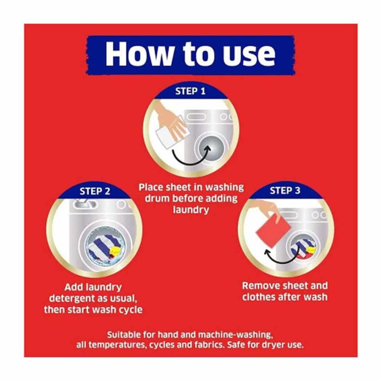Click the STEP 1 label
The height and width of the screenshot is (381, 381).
[x=190, y=91]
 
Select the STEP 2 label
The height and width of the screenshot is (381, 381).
[x=95, y=191]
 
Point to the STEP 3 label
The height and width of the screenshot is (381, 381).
[x=285, y=190]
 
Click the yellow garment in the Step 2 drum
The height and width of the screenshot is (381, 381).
[x=115, y=251]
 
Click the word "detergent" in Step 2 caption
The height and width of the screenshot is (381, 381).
[x=74, y=298]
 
